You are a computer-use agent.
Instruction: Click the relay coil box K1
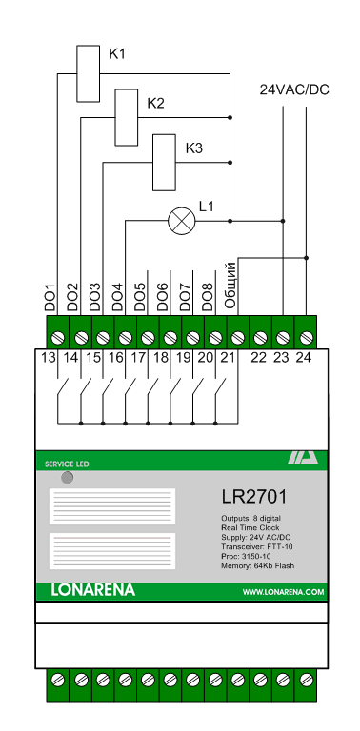click(x=89, y=73)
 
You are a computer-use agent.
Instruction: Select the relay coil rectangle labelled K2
click(x=127, y=117)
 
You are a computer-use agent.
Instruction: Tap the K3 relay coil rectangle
click(x=164, y=162)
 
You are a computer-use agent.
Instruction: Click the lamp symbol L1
click(x=181, y=221)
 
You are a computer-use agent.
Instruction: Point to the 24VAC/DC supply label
click(x=294, y=90)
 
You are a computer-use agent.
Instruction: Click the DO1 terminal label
click(x=50, y=297)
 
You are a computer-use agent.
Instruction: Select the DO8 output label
click(x=208, y=297)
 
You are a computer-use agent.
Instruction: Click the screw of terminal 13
click(x=58, y=337)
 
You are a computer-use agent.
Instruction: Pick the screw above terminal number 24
click(x=306, y=337)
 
